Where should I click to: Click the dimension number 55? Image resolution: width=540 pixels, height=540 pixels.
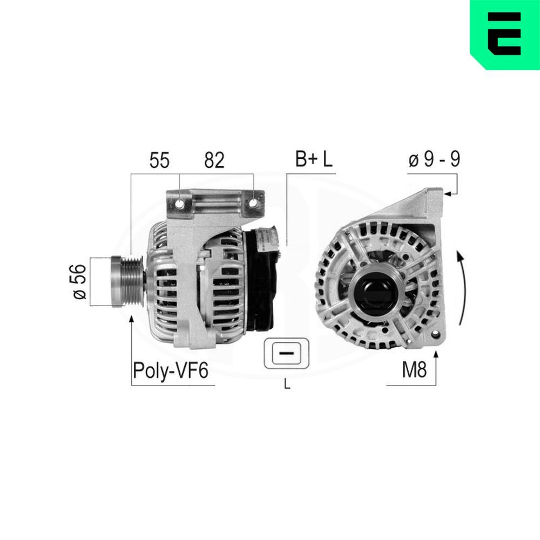(x=159, y=160)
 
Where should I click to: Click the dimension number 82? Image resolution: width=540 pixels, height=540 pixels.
(x=214, y=160)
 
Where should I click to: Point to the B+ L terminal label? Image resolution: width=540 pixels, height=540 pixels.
(x=314, y=159)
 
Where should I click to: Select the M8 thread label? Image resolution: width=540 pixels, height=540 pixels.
(x=414, y=370)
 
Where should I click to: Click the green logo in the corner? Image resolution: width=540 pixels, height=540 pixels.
(x=505, y=34)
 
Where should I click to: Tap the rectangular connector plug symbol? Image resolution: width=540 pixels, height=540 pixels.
(x=287, y=354)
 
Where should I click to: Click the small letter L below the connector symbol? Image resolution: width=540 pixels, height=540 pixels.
(x=287, y=384)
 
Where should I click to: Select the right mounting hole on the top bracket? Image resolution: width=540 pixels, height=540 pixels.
(x=253, y=204)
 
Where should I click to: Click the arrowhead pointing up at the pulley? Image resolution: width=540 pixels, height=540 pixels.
(x=131, y=319)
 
